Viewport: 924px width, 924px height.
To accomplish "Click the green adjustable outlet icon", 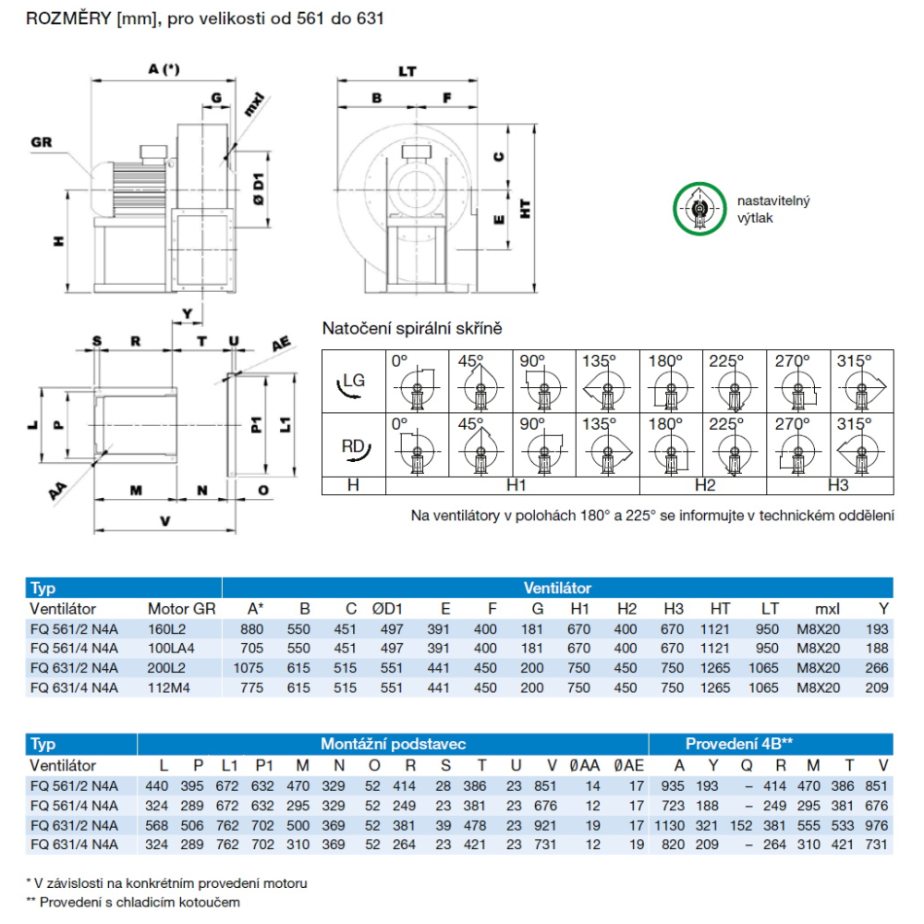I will [x=698, y=209].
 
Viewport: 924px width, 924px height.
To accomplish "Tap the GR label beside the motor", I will [x=42, y=142].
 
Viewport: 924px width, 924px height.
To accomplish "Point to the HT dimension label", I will [x=526, y=211].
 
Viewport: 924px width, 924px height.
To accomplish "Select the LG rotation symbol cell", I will [x=353, y=382].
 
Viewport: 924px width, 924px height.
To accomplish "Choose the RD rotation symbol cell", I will [x=353, y=446].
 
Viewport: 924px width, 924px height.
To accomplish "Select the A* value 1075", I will [x=249, y=668].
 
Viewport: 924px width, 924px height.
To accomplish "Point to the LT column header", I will [x=769, y=609].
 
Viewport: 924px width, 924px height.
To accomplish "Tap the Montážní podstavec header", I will [x=393, y=744].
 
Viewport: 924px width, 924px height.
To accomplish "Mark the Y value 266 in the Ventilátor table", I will [x=878, y=668].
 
